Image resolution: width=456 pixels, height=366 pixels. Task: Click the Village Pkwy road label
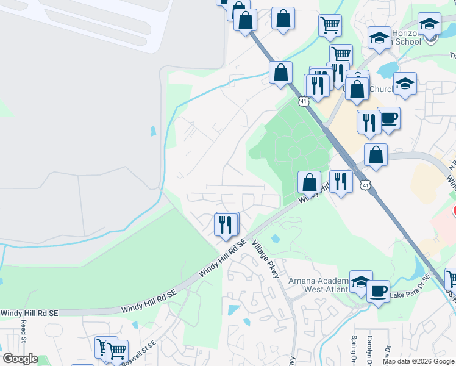click(x=266, y=262)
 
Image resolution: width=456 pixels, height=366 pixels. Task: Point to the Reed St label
click(x=24, y=329)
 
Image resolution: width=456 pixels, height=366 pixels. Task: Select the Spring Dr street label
click(x=354, y=347)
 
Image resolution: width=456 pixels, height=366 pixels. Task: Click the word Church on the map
click(x=382, y=90)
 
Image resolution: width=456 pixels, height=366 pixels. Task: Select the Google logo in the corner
click(x=20, y=359)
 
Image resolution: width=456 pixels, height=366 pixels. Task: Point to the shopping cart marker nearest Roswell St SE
click(x=116, y=351)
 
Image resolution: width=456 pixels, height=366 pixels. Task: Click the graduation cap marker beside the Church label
click(x=405, y=84)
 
